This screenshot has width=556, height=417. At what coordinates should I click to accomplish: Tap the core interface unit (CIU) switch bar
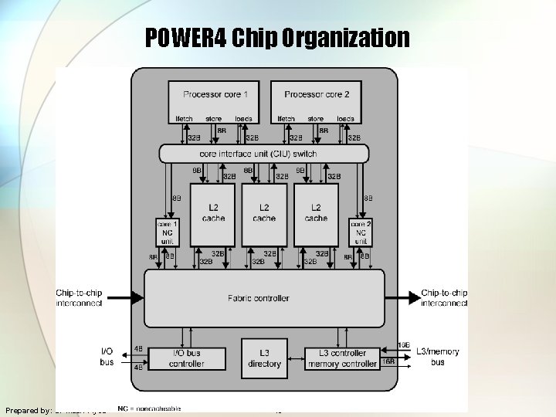(x=263, y=154)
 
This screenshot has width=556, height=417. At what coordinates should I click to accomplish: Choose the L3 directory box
(x=264, y=358)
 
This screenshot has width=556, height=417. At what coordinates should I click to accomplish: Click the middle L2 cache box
(x=264, y=213)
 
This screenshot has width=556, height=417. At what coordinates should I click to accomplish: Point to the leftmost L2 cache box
(x=212, y=213)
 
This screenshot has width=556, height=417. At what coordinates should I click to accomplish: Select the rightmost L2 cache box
(x=316, y=213)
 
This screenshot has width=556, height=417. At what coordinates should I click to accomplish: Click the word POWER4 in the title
(x=186, y=38)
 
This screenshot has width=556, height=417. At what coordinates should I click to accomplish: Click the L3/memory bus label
(x=437, y=357)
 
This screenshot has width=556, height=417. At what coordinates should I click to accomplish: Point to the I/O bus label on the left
(x=107, y=357)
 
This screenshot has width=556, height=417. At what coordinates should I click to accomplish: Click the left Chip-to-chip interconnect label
(x=79, y=298)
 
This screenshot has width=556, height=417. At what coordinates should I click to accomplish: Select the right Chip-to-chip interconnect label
(x=444, y=298)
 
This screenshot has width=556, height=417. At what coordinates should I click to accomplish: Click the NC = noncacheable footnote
(x=149, y=407)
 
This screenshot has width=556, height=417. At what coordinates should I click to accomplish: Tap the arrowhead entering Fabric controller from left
(x=139, y=297)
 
